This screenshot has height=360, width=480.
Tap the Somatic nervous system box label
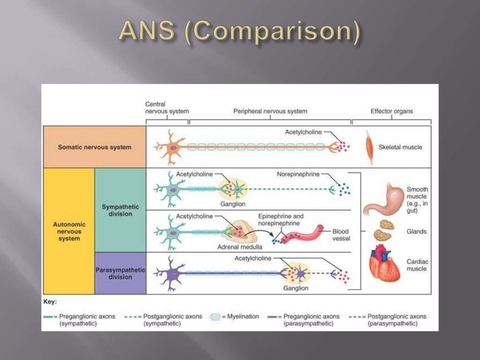click(x=95, y=147)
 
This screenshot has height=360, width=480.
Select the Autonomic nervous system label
click(x=69, y=232)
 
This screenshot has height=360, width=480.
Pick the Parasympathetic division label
click(x=120, y=274)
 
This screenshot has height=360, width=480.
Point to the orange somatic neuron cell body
click(x=173, y=147)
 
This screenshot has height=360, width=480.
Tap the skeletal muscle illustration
click(x=370, y=147)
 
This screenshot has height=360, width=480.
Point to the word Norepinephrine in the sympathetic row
click(x=298, y=174)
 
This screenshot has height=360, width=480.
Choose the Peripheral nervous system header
click(x=270, y=112)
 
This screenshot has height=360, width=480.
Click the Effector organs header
click(x=392, y=112)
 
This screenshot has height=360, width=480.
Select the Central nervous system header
click(x=160, y=108)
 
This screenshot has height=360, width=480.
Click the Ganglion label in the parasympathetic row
click(x=296, y=288)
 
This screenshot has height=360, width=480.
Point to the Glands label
click(x=417, y=232)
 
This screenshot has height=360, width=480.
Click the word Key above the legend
click(x=50, y=302)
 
